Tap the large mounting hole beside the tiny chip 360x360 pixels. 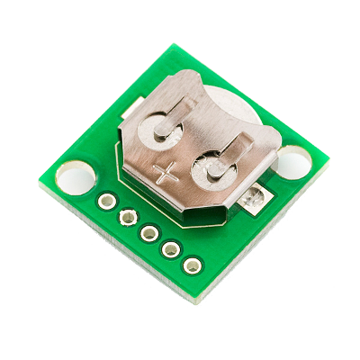tap(292, 163)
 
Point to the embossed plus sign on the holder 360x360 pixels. tap(165, 173)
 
